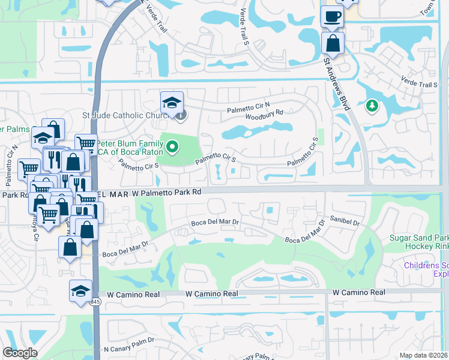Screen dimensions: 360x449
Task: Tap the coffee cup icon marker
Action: [331, 17]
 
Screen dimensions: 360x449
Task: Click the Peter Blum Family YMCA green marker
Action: [173, 146]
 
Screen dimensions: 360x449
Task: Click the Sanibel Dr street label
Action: [344, 223]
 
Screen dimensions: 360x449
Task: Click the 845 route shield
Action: [95, 302]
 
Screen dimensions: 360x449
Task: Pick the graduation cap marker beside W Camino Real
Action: [80, 292]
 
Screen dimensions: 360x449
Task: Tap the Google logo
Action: [20, 353]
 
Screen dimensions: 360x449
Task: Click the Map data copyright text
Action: [423, 355]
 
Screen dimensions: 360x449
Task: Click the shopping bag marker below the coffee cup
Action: [332, 43]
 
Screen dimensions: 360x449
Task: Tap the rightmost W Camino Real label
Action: [359, 292]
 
